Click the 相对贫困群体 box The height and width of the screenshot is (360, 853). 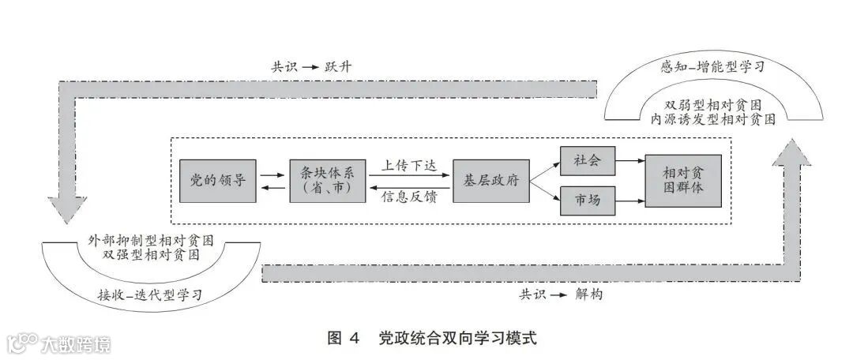[x=683, y=181]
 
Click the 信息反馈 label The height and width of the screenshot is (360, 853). [x=409, y=196]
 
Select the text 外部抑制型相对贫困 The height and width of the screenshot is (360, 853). [x=151, y=239]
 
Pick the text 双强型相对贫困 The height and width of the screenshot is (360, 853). [x=151, y=254]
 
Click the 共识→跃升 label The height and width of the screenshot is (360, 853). [x=311, y=66]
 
